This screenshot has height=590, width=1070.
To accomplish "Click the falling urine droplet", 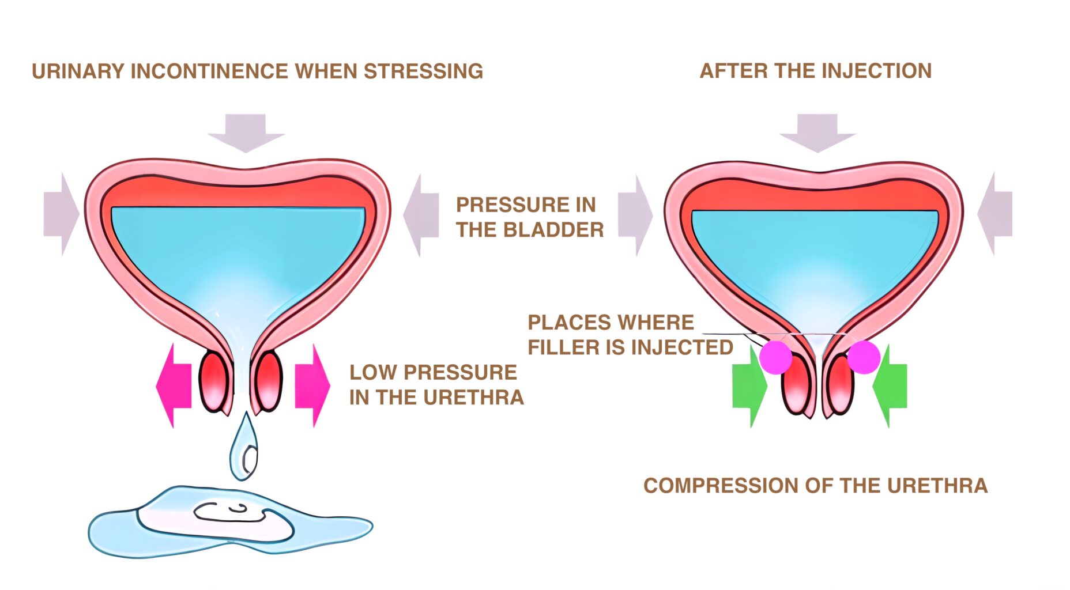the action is [244, 448].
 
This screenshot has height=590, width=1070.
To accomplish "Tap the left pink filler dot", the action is [775, 357].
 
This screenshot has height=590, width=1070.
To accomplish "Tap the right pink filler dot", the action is [863, 357].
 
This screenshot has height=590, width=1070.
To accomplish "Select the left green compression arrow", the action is [749, 386].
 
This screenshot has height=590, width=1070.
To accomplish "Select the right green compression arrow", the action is [890, 386].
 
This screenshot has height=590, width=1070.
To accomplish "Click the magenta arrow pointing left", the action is [174, 385].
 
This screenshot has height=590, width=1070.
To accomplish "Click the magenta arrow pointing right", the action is [312, 385].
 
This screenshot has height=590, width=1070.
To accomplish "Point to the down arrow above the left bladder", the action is [246, 133].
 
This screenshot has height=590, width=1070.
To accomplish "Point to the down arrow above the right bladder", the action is [817, 133].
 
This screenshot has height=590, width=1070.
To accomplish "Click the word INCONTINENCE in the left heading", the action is [210, 71].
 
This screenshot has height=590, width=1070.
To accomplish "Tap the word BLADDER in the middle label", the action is [553, 230].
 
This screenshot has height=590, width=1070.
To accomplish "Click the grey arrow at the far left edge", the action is [61, 214].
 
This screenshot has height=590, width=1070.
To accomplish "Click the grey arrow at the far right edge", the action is [996, 214].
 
